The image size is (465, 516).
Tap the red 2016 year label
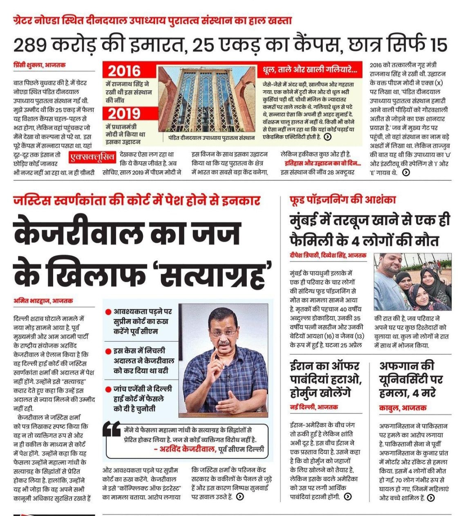coord(124,71)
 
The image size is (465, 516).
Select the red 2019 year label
coord(124,114)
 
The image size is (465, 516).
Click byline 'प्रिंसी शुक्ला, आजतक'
coord(39,65)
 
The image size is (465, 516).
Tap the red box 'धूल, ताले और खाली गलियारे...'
coord(312,70)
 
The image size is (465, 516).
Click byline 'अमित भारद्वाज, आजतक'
coord(43,301)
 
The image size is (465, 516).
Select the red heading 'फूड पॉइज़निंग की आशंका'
coord(342,200)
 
